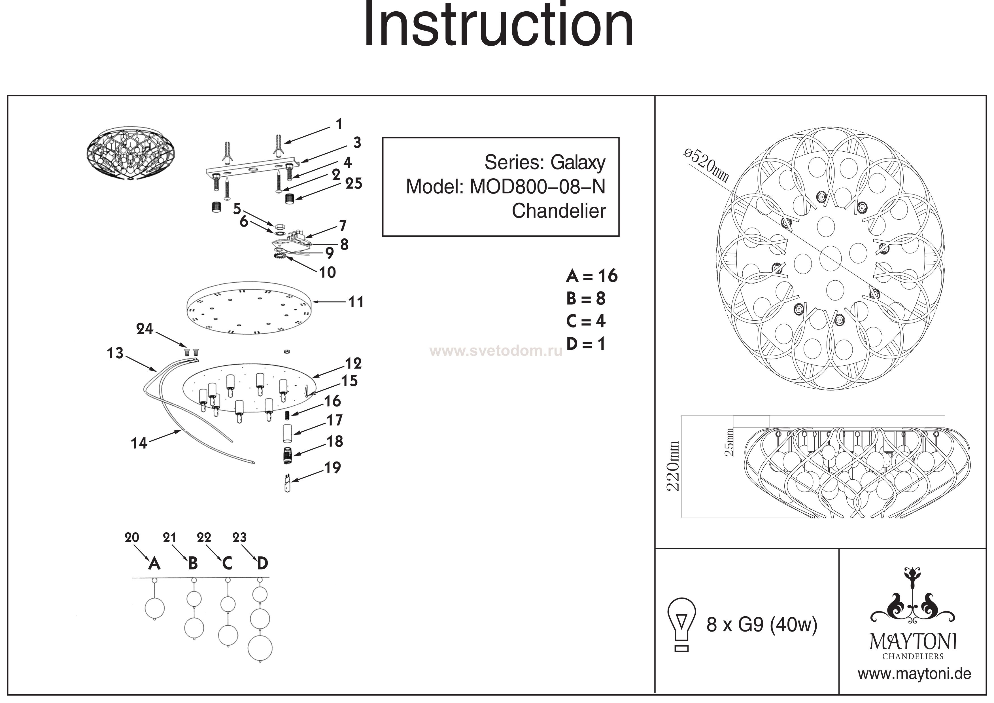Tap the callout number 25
coord(353,184)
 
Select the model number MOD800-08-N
coord(537,187)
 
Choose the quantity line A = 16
coord(591,276)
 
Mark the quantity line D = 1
coord(585,344)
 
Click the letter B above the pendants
coord(193,563)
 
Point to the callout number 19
coord(332,467)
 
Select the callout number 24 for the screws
coord(145,329)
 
